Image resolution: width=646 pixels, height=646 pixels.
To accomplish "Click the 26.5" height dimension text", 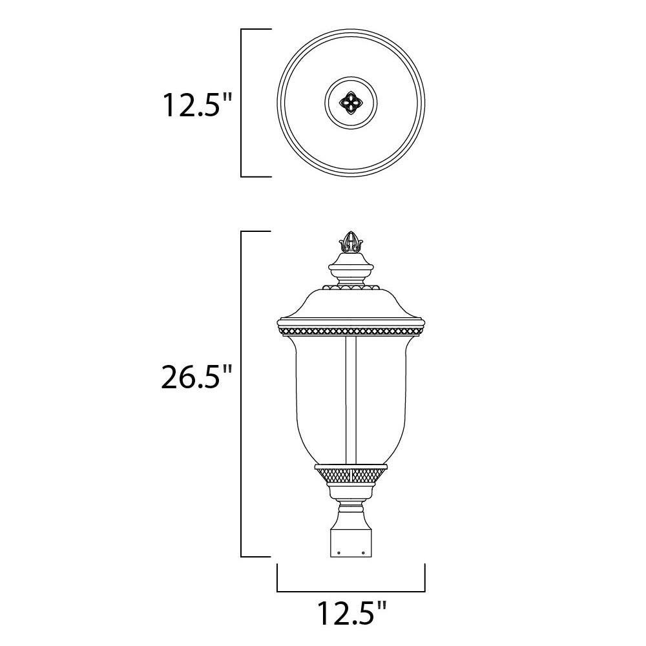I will pyautogui.click(x=196, y=378).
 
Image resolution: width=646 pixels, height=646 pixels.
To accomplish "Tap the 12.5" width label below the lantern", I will pyautogui.click(x=351, y=614).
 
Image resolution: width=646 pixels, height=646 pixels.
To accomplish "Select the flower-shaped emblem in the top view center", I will pyautogui.click(x=351, y=102).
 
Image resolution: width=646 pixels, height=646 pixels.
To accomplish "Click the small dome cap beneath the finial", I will pyautogui.click(x=351, y=265).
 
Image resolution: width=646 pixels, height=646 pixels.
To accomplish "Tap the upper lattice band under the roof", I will pyautogui.click(x=351, y=331).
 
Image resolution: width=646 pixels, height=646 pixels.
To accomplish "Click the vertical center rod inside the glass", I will pyautogui.click(x=351, y=401).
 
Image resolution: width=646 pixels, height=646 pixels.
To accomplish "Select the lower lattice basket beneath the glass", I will pyautogui.click(x=351, y=477).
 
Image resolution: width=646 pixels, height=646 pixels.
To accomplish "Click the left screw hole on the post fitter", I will pyautogui.click(x=339, y=552).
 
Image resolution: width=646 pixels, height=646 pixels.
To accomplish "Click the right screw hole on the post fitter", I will pyautogui.click(x=364, y=552).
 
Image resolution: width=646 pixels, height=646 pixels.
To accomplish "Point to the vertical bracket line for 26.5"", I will pyautogui.click(x=242, y=394).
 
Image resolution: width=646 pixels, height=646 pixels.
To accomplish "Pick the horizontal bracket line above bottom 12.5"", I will pyautogui.click(x=351, y=590).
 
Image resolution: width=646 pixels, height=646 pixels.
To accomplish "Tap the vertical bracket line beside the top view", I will pyautogui.click(x=242, y=102).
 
